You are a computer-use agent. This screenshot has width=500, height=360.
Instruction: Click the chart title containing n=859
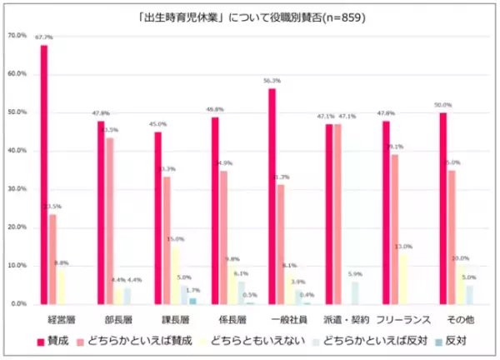coord(250,16)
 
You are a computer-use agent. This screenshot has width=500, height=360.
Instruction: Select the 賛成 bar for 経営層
coord(44,175)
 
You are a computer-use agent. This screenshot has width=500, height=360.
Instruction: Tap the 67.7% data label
coord(44,37)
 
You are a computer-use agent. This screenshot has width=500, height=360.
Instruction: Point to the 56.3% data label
coord(272,81)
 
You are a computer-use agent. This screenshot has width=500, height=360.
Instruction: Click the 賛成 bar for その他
coord(442,208)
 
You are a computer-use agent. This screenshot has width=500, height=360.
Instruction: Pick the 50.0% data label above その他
coord(442,105)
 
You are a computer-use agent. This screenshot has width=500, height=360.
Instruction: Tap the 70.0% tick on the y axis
coord(17,36)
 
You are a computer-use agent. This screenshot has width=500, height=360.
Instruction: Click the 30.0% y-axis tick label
coord(17,189)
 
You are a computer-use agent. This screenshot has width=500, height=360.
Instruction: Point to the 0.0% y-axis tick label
coord(19,304)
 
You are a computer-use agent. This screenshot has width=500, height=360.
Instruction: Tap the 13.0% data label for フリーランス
coord(404,247)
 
